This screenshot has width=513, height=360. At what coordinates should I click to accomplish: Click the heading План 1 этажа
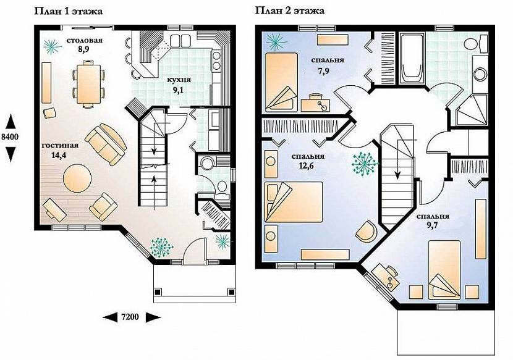click(69, 12)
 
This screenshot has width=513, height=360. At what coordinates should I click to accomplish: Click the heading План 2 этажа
click(290, 10)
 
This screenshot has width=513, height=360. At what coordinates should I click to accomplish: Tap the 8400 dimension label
click(10, 137)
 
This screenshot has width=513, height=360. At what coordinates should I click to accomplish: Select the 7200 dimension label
click(130, 317)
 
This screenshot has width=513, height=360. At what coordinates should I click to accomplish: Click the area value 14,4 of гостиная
click(59, 155)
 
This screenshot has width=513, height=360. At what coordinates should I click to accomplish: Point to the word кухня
click(179, 80)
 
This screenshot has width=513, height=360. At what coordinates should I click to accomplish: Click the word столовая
click(85, 41)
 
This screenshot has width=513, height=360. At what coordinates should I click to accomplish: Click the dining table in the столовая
click(88, 84)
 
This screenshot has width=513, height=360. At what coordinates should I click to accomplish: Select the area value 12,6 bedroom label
click(306, 165)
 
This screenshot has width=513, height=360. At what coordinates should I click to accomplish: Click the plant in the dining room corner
click(53, 46)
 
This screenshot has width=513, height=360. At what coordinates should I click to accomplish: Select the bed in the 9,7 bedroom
click(444, 270)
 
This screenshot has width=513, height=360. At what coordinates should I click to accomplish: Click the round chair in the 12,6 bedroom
click(366, 231)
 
